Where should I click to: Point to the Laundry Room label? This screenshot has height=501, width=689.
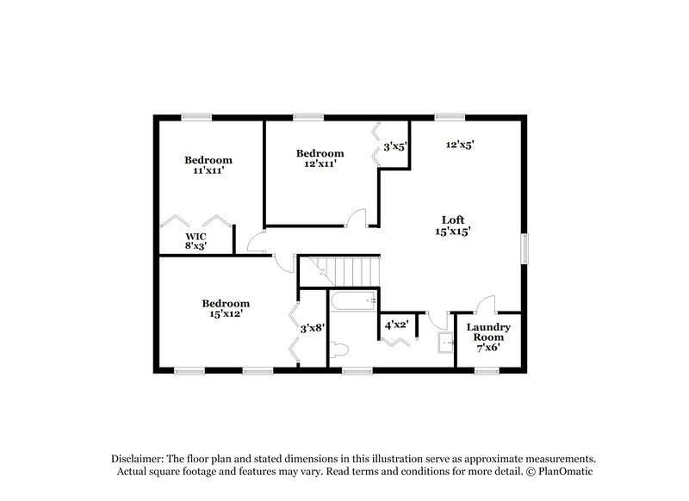click(x=488, y=332)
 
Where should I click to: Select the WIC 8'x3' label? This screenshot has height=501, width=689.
click(x=196, y=240)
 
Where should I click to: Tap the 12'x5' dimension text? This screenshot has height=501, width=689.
click(x=460, y=145)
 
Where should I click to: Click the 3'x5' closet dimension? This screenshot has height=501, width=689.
click(x=394, y=146)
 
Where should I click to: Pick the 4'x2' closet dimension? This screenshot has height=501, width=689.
click(x=396, y=325)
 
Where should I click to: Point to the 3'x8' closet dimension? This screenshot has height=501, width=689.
click(x=312, y=328)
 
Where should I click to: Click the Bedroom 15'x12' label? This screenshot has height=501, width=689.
click(x=226, y=308)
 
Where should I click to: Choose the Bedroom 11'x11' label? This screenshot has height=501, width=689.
click(x=208, y=165)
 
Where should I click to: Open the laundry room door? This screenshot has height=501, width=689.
click(x=487, y=303)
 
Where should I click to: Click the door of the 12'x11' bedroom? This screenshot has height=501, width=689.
click(x=358, y=219)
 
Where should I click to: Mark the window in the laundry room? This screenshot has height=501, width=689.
click(x=487, y=371)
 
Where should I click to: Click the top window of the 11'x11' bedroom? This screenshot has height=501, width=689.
click(x=196, y=116)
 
